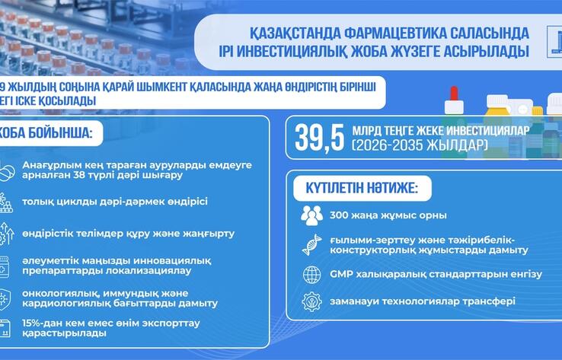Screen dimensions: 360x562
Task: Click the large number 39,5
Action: click(x=318, y=137)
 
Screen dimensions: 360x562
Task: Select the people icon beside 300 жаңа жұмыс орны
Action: click(x=311, y=215)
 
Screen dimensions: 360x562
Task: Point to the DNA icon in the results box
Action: click(x=311, y=244)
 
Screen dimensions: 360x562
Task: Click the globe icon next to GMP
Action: click(x=311, y=275)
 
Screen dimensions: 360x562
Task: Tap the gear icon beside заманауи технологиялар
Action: click(x=311, y=302)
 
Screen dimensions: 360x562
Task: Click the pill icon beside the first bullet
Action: click(x=7, y=171)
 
